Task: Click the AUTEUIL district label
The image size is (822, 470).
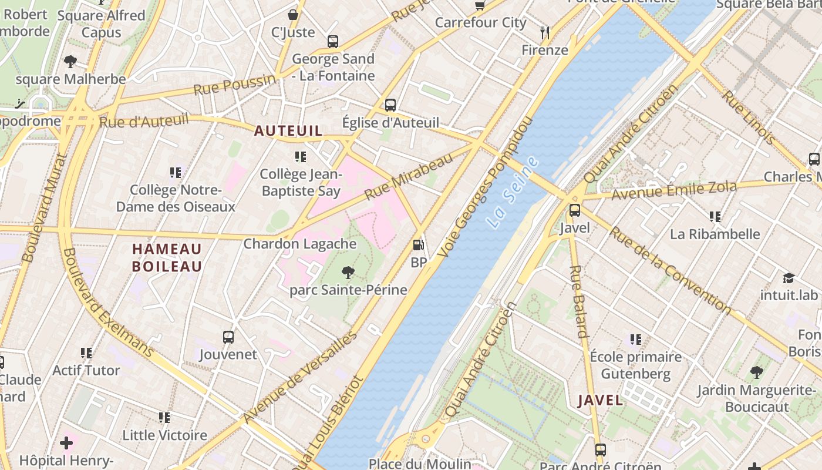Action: click(288, 131)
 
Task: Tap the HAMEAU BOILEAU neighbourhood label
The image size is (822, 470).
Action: click(167, 258)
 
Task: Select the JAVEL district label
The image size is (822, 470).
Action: click(600, 401)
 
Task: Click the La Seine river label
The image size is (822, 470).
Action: click(513, 193)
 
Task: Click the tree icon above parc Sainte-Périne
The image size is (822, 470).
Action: click(348, 272)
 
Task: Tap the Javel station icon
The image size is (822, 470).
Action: click(575, 210)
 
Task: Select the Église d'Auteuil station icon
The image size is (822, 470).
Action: click(390, 105)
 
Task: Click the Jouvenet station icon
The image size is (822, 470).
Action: click(228, 337)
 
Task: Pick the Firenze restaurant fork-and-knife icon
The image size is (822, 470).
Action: click(545, 32)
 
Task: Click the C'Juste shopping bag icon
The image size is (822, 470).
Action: click(293, 15)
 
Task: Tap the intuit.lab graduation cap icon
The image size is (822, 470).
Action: click(789, 278)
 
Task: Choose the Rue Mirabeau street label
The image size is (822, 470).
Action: click(409, 176)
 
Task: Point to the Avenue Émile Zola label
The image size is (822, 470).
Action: click(673, 191)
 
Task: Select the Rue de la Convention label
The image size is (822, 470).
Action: click(669, 270)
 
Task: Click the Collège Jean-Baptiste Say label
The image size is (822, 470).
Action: click(301, 182)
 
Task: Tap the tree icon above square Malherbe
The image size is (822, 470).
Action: click(70, 61)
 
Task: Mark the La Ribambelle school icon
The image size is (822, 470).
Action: click(715, 217)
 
